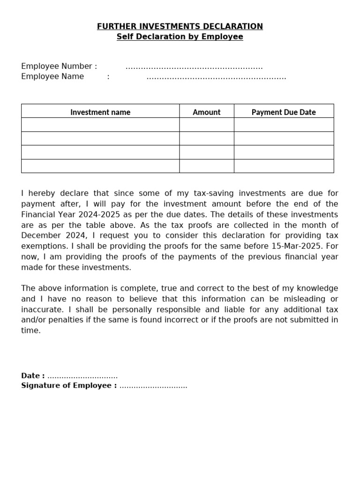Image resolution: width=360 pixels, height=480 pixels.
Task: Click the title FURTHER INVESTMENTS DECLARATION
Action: click(x=180, y=26)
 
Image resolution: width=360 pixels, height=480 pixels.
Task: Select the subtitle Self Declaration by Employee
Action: click(x=180, y=37)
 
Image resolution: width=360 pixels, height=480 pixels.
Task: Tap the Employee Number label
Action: click(x=59, y=66)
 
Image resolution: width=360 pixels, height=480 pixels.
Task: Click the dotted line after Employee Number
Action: click(x=194, y=67)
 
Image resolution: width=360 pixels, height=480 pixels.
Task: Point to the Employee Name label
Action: click(x=52, y=76)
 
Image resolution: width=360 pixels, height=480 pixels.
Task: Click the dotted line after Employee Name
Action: click(x=216, y=77)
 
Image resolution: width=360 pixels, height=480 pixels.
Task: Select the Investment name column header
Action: click(x=100, y=112)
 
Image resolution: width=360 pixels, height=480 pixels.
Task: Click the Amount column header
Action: click(x=206, y=112)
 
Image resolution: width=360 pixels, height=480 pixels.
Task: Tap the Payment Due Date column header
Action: click(x=284, y=112)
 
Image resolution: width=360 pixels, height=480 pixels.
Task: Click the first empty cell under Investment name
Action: click(x=100, y=125)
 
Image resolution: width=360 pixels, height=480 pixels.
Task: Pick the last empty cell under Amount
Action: click(x=206, y=166)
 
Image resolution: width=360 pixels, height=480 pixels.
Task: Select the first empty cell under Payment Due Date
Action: click(x=284, y=125)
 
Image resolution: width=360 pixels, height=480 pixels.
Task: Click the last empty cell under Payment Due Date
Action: click(x=284, y=166)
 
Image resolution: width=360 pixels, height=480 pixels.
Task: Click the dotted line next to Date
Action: click(x=82, y=376)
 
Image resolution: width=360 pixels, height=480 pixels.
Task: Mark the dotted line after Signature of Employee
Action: click(x=153, y=386)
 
